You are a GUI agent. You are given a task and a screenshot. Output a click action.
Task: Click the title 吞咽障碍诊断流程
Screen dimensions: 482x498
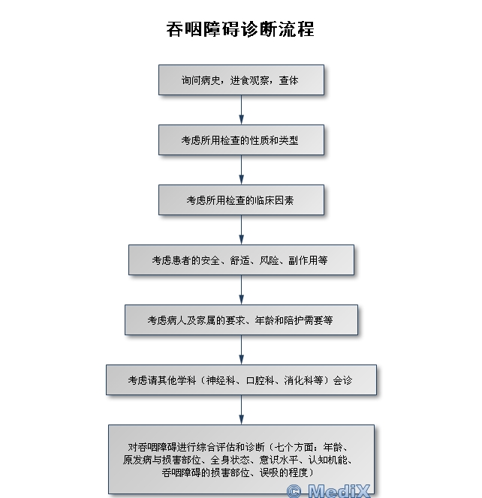coord(240,29)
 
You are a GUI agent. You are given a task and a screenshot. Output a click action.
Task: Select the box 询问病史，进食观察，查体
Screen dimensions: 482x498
coord(241,79)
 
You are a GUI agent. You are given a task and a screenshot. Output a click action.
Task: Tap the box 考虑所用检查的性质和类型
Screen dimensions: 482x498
coord(241,139)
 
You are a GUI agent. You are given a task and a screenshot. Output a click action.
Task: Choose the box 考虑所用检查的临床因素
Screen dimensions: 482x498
coord(241,199)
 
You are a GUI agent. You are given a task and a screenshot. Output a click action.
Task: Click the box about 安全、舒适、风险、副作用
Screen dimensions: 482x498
coord(241,259)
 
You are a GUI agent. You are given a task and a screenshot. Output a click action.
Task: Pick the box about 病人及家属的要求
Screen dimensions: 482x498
coord(241,319)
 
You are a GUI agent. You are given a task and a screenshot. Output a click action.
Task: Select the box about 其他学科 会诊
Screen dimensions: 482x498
coord(241,379)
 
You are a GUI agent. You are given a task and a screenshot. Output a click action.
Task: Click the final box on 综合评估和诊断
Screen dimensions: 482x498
coord(241,459)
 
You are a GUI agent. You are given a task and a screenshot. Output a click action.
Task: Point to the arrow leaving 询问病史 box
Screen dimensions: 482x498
coord(241,109)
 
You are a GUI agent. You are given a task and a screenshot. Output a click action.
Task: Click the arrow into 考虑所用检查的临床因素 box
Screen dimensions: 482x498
coord(241,169)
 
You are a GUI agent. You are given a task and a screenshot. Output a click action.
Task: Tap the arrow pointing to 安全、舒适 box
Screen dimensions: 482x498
coord(241,229)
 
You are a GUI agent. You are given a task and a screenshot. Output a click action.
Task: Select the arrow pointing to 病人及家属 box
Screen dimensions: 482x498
coord(241,289)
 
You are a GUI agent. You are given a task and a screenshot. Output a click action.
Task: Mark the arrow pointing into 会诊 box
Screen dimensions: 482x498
coord(241,349)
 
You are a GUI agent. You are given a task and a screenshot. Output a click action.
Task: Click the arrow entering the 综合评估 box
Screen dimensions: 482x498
coord(241,409)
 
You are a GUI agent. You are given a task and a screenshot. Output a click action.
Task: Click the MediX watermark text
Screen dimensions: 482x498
coord(339,490)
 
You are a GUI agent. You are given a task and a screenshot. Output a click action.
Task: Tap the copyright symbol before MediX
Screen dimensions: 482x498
coord(294,491)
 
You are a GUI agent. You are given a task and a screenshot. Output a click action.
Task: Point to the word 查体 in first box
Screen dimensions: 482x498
coord(289,80)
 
